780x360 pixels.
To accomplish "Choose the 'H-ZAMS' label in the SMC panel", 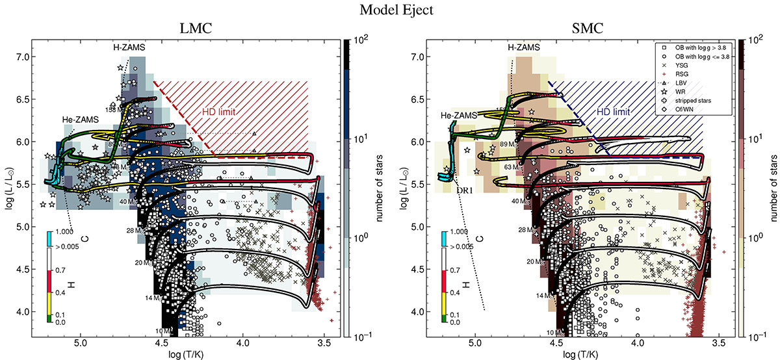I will tap(526, 47).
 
